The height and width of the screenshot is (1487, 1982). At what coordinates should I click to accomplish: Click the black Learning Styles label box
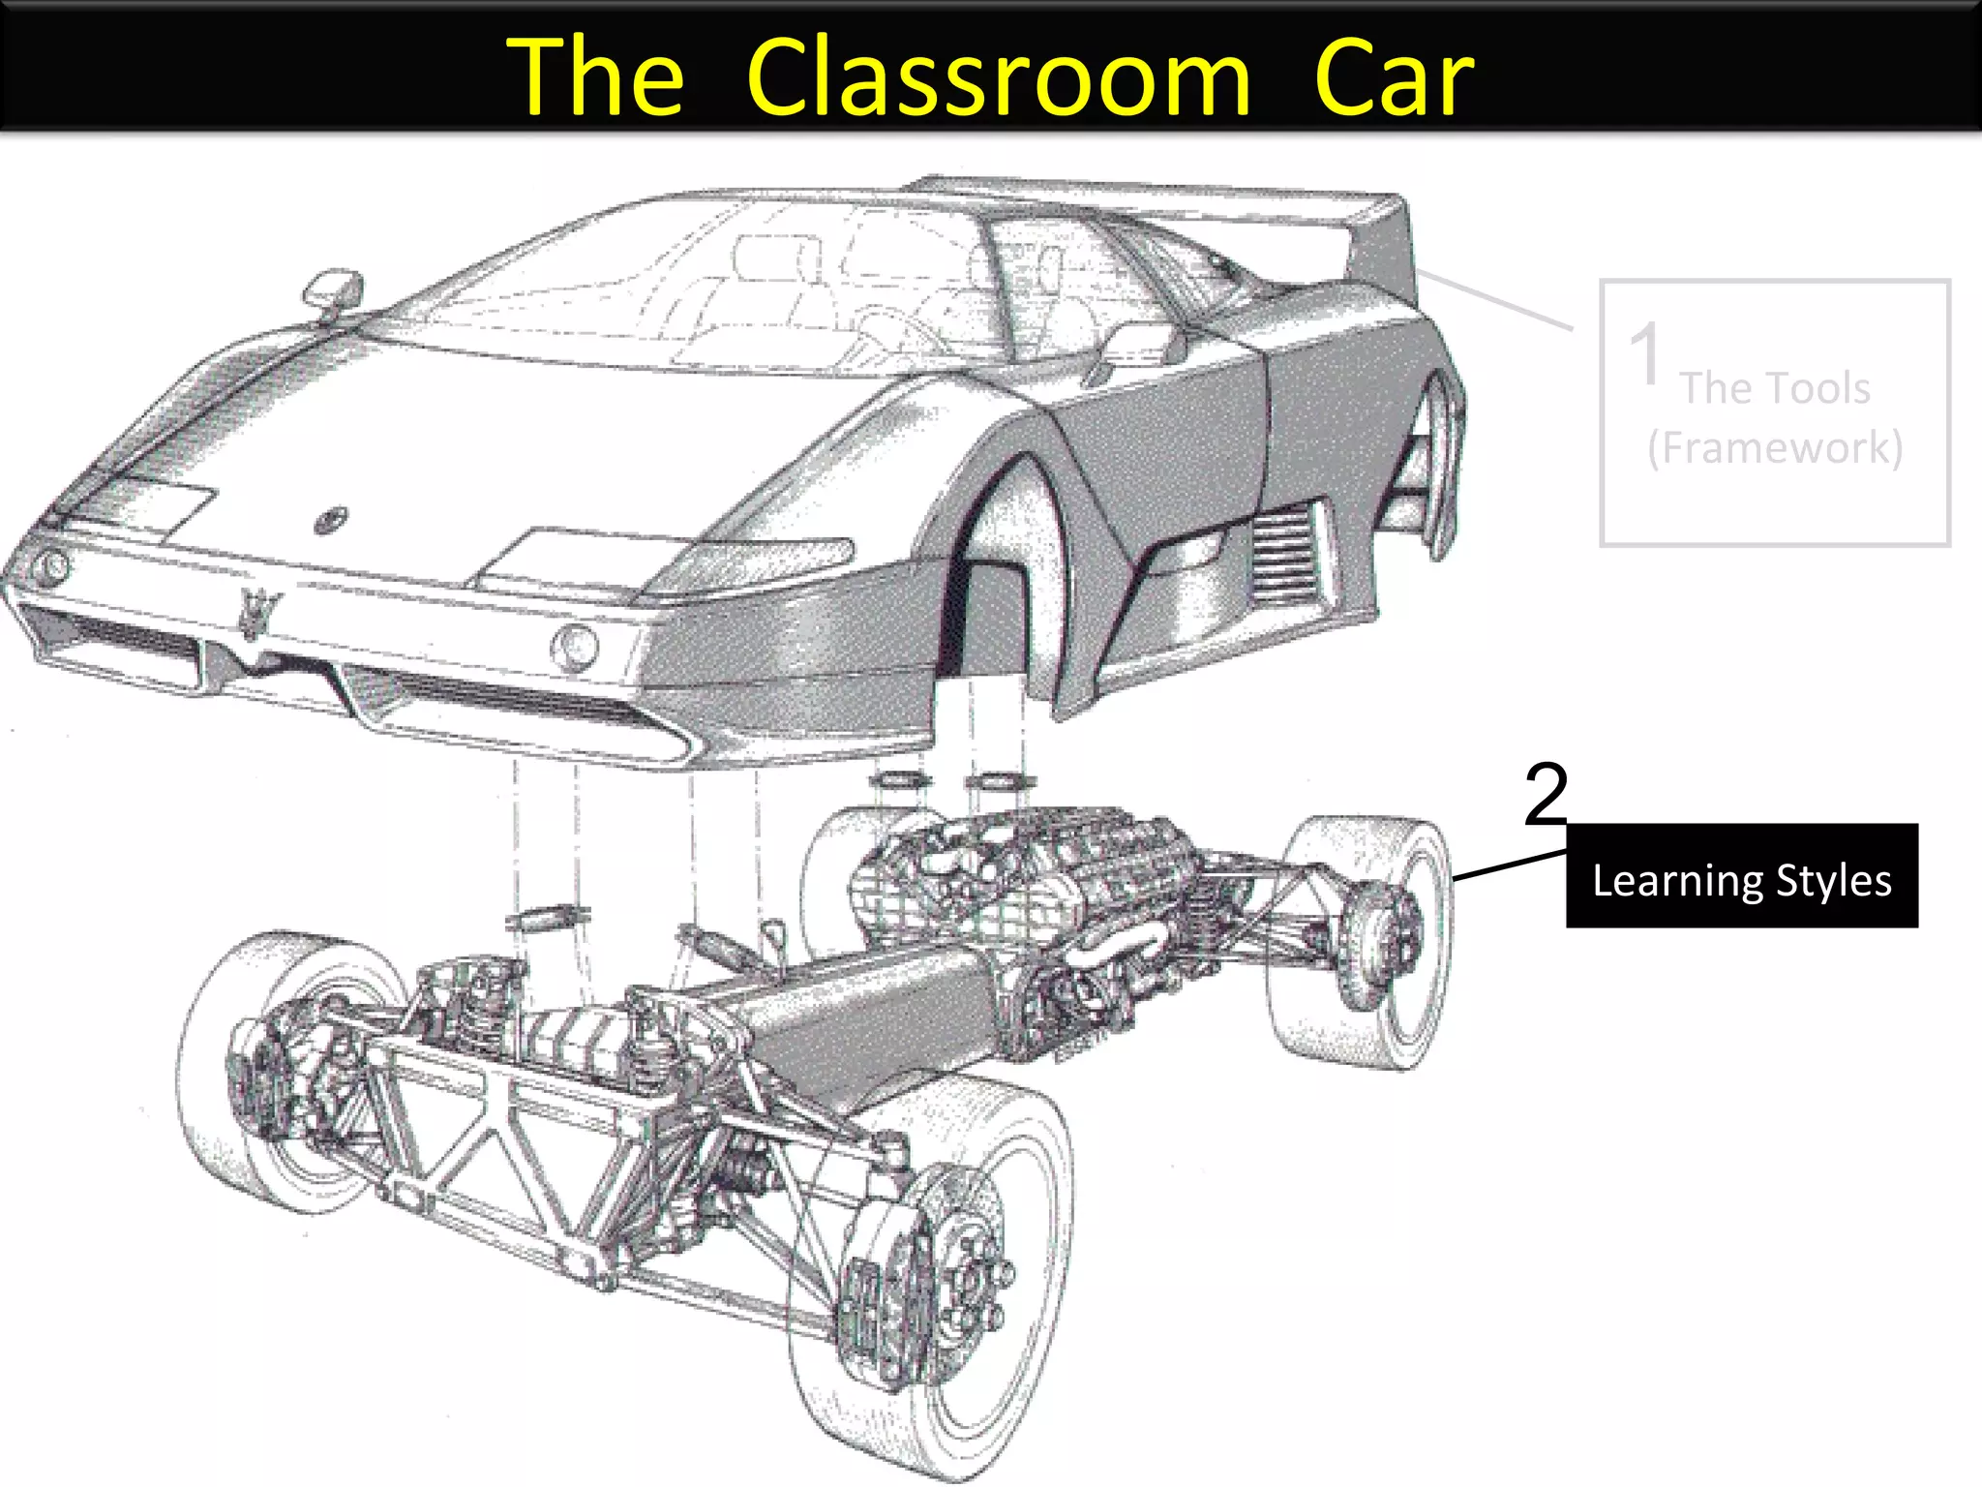pos(1741,876)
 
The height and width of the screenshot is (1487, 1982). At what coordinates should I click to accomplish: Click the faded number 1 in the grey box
pos(1645,353)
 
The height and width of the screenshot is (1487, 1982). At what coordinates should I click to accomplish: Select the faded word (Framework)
pos(1775,447)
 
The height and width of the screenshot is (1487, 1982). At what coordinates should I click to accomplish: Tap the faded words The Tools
pos(1775,388)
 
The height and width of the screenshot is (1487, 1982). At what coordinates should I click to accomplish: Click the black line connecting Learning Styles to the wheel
pos(1510,865)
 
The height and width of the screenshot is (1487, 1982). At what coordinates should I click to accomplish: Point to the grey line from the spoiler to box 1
pos(1495,301)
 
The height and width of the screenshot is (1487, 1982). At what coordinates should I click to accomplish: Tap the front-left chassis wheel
pos(281,1065)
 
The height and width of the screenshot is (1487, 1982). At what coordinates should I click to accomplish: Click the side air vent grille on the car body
pos(1285,557)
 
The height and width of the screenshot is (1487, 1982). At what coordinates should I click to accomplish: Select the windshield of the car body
pos(677,281)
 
